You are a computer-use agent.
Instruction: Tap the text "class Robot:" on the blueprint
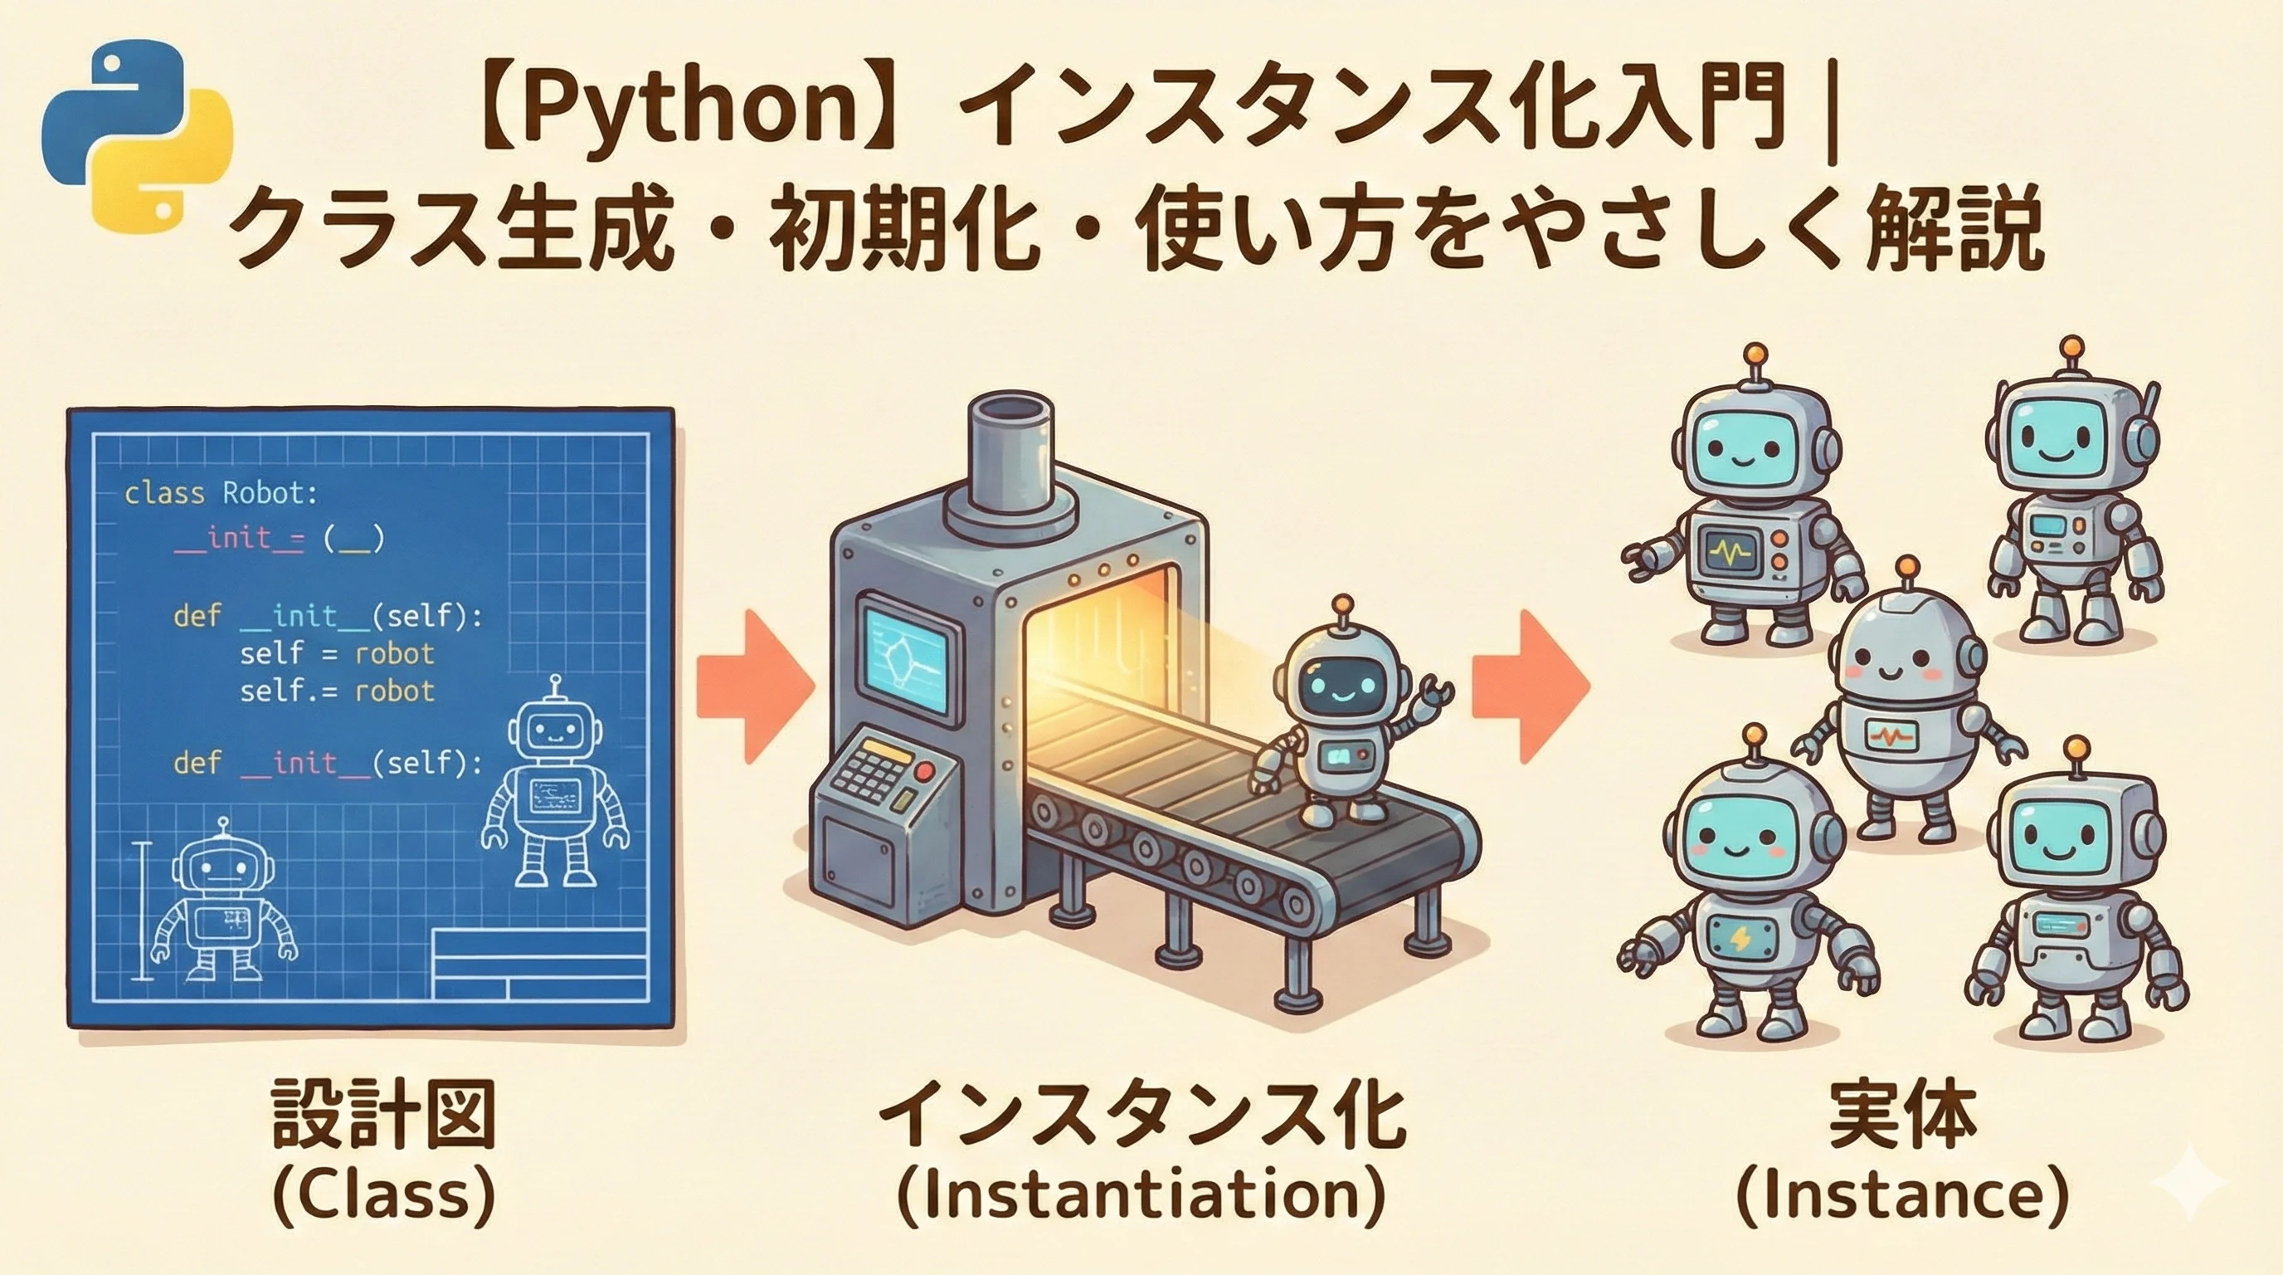coord(221,493)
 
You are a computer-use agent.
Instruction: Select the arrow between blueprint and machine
coord(755,686)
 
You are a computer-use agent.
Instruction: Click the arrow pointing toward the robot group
coord(1531,686)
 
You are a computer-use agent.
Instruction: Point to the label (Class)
coord(384,1197)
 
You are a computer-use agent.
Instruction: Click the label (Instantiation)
coord(1141,1197)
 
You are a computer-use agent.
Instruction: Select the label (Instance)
coord(1902,1197)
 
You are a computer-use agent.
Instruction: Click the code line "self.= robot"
coord(337,691)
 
